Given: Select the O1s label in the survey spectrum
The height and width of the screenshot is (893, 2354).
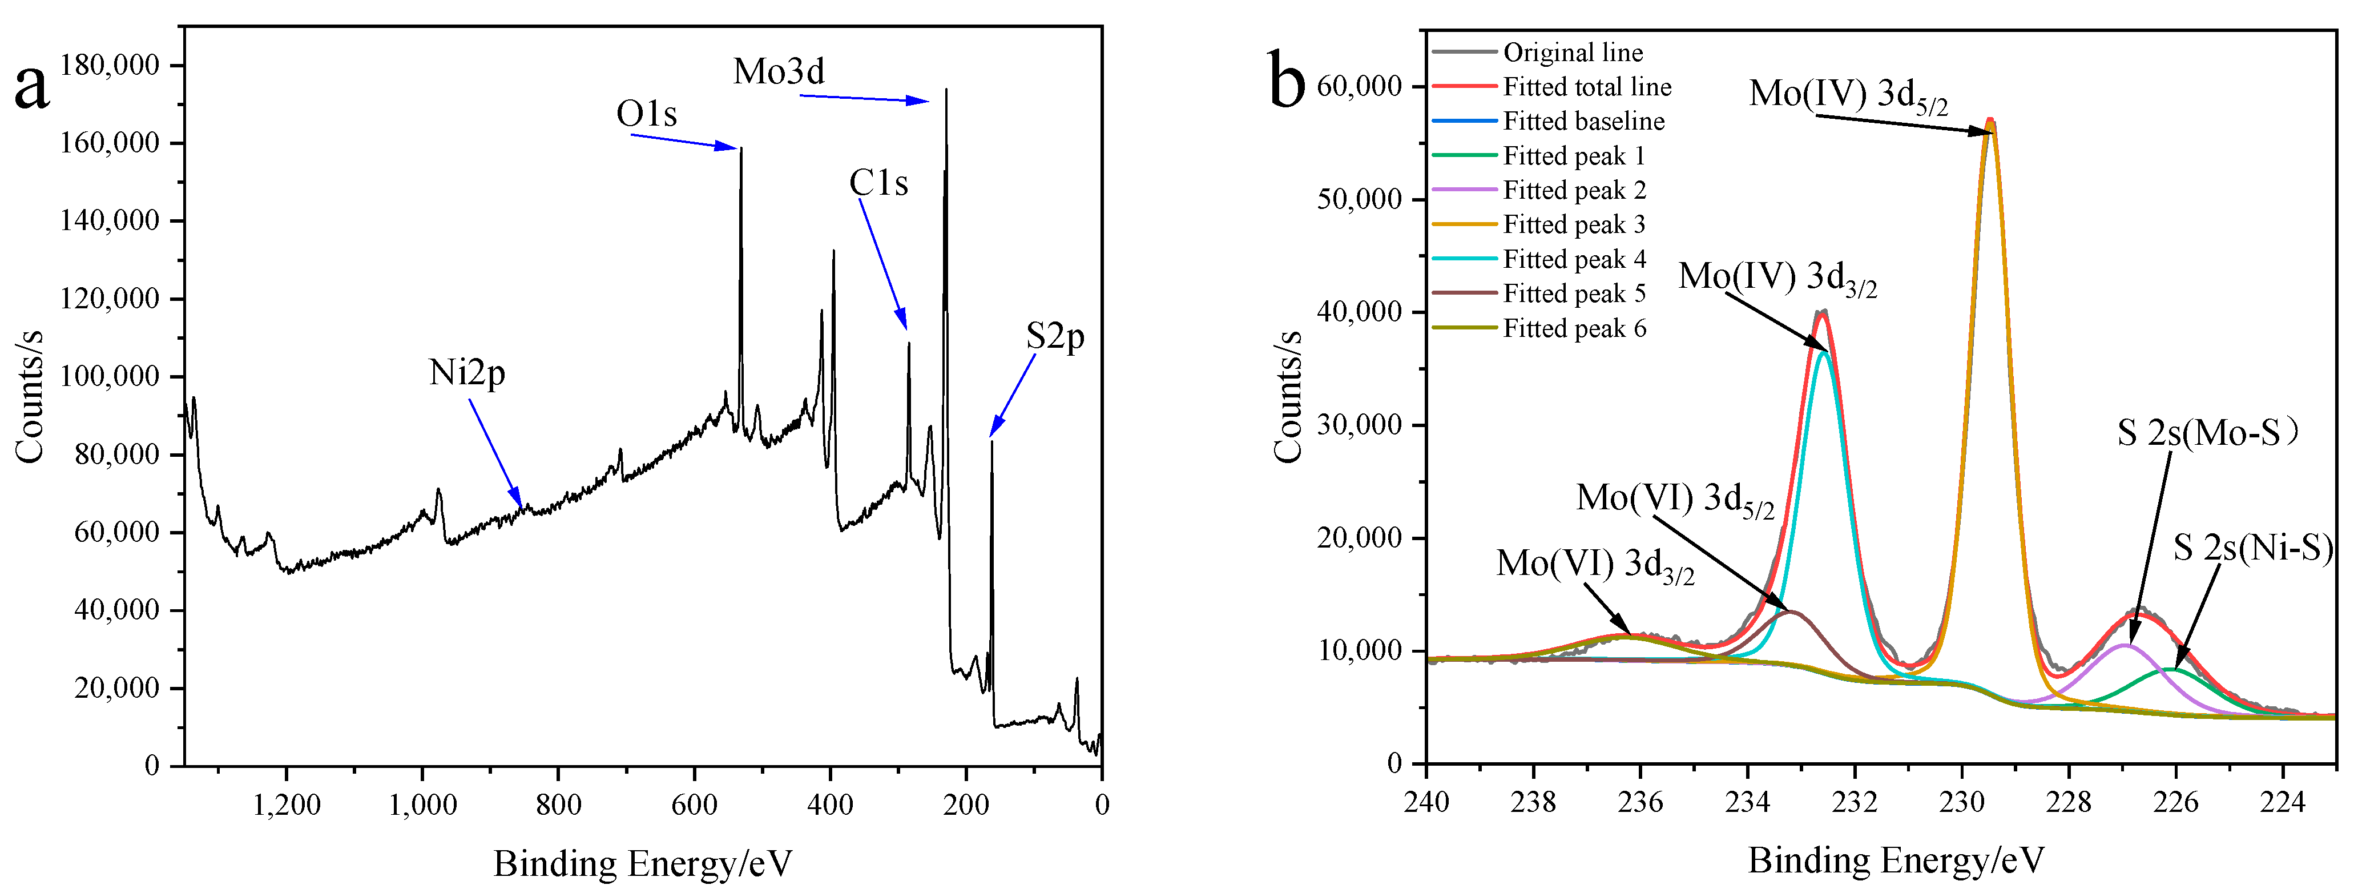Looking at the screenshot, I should pyautogui.click(x=646, y=114).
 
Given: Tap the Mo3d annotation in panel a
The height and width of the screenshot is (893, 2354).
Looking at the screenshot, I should pyautogui.click(x=779, y=71).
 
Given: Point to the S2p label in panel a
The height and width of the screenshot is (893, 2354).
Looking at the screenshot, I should pyautogui.click(x=1054, y=337).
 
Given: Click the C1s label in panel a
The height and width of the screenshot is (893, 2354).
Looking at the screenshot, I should pyautogui.click(x=878, y=183).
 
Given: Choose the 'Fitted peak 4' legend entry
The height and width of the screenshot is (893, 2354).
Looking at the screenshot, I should pyautogui.click(x=1574, y=260).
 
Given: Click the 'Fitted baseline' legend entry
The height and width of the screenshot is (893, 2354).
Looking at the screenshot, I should pyautogui.click(x=1583, y=122).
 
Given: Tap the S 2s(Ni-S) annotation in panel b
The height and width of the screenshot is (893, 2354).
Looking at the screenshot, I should pyautogui.click(x=2252, y=548).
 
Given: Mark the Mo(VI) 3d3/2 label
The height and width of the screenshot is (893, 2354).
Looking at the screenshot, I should pyautogui.click(x=1595, y=565).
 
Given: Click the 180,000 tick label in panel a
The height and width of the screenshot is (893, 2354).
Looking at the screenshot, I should pyautogui.click(x=110, y=66).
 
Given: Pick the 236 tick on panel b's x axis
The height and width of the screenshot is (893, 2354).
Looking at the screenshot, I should pyautogui.click(x=1640, y=803).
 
